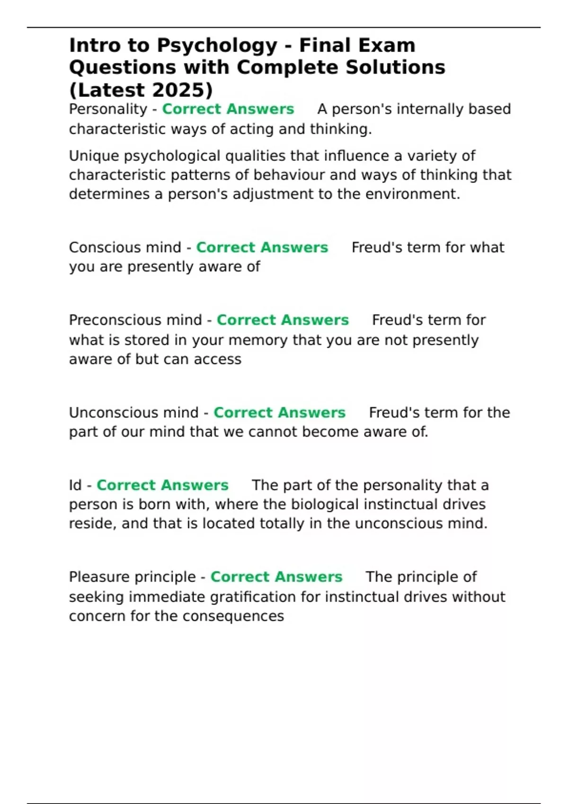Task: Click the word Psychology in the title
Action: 217,46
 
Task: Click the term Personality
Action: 108,109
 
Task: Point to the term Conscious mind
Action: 125,247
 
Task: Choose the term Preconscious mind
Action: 135,320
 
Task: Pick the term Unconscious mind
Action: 133,412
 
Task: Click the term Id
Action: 75,485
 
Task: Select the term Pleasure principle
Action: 132,577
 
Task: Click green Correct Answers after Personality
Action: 228,109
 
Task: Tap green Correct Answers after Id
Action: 162,485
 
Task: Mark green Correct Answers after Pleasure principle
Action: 276,577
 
